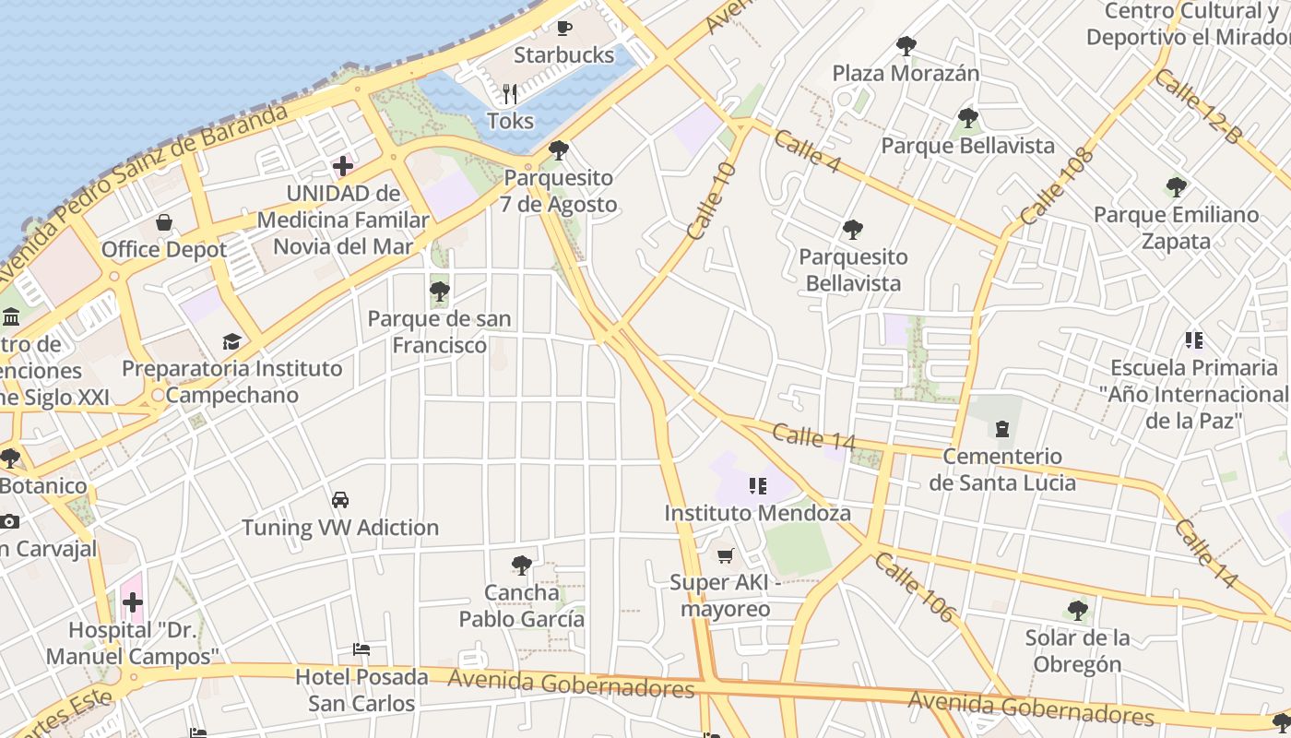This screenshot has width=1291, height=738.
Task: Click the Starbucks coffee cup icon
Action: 563,28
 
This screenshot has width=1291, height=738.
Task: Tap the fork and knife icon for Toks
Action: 510,93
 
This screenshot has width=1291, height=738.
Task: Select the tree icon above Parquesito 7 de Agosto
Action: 558,150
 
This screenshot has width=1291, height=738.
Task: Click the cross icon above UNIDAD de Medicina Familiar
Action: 343,166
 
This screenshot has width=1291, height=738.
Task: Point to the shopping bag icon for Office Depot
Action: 164,222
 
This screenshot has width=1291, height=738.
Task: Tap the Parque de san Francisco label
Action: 439,332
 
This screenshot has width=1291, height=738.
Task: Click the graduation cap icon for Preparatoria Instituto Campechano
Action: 231,341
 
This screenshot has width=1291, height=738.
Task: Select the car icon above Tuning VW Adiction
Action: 340,500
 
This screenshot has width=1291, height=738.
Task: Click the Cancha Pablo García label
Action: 522,606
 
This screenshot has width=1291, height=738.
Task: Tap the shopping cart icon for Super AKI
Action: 726,555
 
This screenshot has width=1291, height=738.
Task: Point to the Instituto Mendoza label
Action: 757,513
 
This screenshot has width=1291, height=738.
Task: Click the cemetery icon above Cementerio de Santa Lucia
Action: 1001,429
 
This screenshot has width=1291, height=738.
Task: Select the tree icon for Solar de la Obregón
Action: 1077,610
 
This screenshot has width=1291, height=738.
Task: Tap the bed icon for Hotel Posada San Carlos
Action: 361,649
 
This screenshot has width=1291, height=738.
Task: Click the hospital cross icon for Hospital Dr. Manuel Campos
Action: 133,602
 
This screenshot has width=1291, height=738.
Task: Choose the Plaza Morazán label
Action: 906,73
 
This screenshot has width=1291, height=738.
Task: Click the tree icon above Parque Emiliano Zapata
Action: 1176,187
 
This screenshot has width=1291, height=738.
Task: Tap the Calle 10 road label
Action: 712,200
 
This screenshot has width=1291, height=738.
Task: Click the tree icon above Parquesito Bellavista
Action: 853,230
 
